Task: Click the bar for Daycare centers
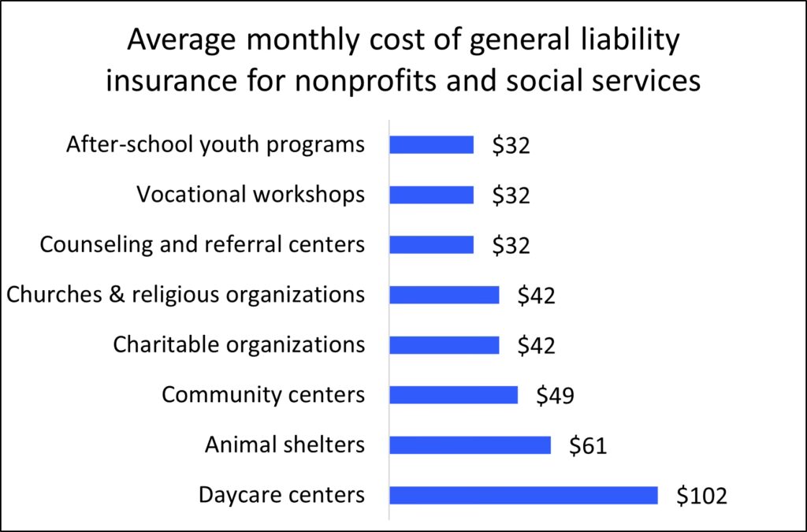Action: tap(523, 495)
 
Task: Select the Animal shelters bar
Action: tap(470, 445)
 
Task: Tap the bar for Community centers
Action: tap(453, 395)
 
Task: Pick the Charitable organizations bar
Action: tap(444, 345)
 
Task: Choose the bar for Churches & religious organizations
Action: tap(444, 295)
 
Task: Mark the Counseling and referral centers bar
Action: tap(431, 245)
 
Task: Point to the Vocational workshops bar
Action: tap(431, 195)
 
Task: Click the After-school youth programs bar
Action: tap(431, 145)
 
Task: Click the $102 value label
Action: tap(701, 496)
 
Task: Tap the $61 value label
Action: tap(588, 446)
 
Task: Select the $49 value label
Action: tap(555, 396)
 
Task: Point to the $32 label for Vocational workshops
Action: tap(511, 195)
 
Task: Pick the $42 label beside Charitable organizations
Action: tap(536, 346)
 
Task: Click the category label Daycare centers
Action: tap(281, 495)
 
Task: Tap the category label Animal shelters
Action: tap(284, 445)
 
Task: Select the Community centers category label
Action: tap(263, 394)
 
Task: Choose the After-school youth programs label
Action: tap(215, 145)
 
